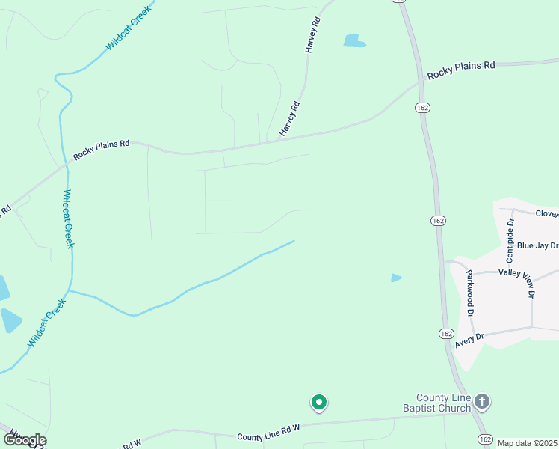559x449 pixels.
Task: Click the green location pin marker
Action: point(319,403)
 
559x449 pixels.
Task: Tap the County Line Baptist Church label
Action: point(443,403)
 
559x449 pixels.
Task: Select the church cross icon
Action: point(482,402)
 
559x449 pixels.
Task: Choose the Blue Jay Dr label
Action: point(537,245)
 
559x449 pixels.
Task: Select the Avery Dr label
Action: point(469,340)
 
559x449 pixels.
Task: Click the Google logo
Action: point(25,440)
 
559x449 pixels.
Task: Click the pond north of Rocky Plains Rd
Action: point(354,40)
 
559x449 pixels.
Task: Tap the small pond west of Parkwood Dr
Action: point(396,278)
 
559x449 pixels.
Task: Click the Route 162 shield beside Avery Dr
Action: point(446,333)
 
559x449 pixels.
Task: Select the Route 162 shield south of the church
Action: point(486,439)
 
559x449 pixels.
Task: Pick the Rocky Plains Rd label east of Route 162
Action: point(461,71)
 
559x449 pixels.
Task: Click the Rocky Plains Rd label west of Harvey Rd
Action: point(102,149)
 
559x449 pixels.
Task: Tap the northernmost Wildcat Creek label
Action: point(128,28)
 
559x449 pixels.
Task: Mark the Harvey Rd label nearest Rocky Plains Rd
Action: point(289,119)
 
